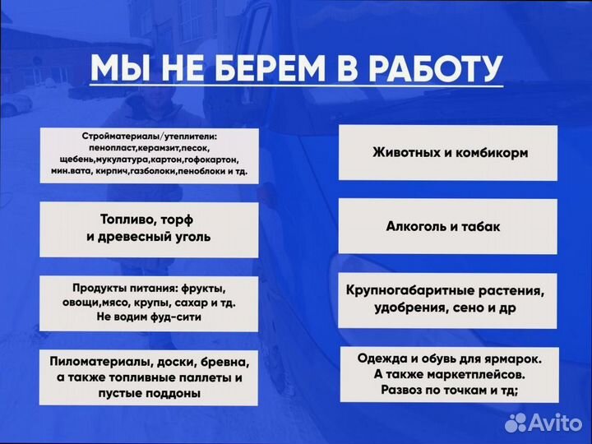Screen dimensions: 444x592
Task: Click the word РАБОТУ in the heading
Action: (428, 69)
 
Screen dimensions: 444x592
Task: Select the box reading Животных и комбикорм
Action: (450, 153)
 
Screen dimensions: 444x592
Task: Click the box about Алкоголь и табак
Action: (450, 225)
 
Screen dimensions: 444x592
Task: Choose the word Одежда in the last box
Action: (382, 358)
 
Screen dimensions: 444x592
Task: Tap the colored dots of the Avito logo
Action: (516, 423)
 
